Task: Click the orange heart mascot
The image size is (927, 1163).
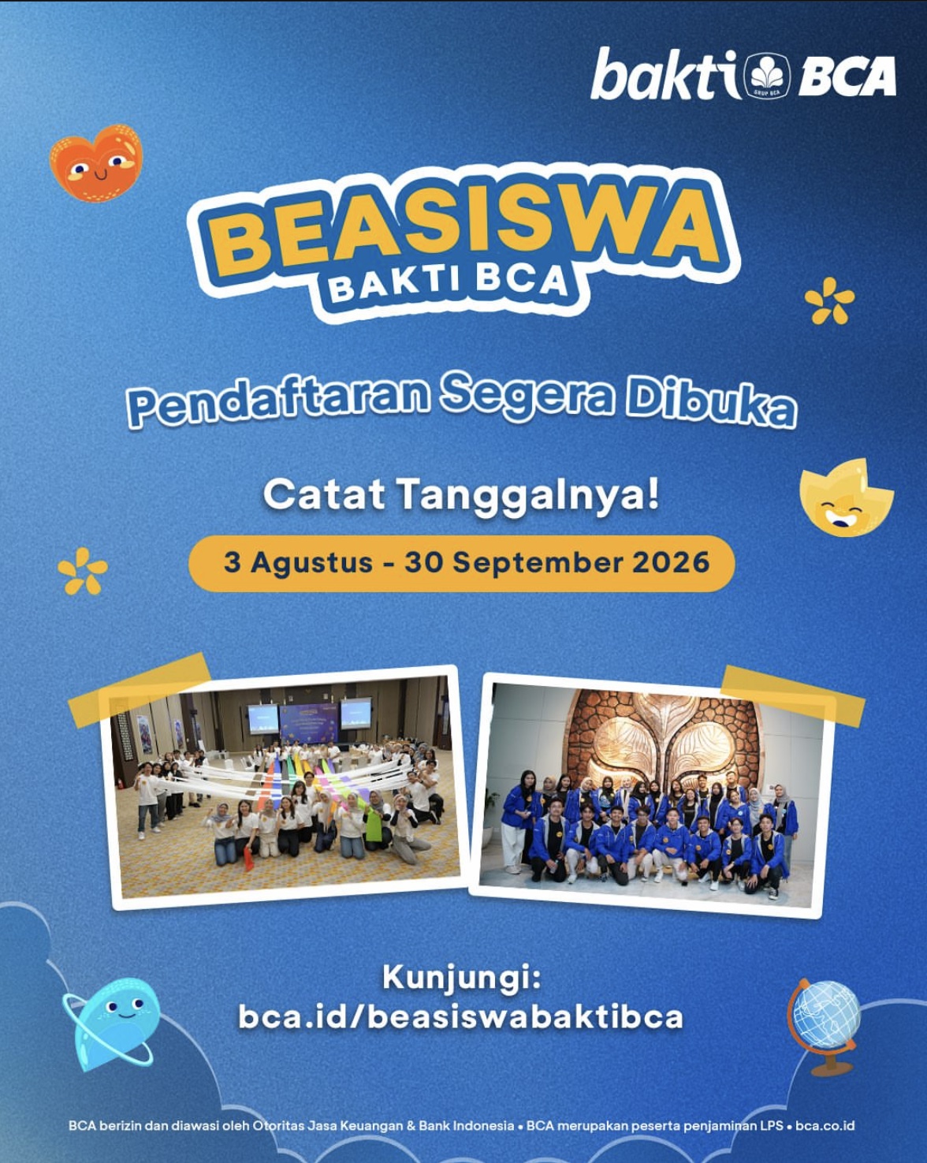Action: (x=96, y=162)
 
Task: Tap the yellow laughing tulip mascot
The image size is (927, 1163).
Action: (x=846, y=498)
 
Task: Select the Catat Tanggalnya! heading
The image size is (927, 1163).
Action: (x=462, y=495)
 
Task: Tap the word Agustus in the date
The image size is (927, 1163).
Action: (x=311, y=563)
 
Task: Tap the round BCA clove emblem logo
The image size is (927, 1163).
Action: (x=766, y=76)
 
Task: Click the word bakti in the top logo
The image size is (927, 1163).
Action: (x=665, y=75)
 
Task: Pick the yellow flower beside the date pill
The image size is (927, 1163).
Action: (x=83, y=571)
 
